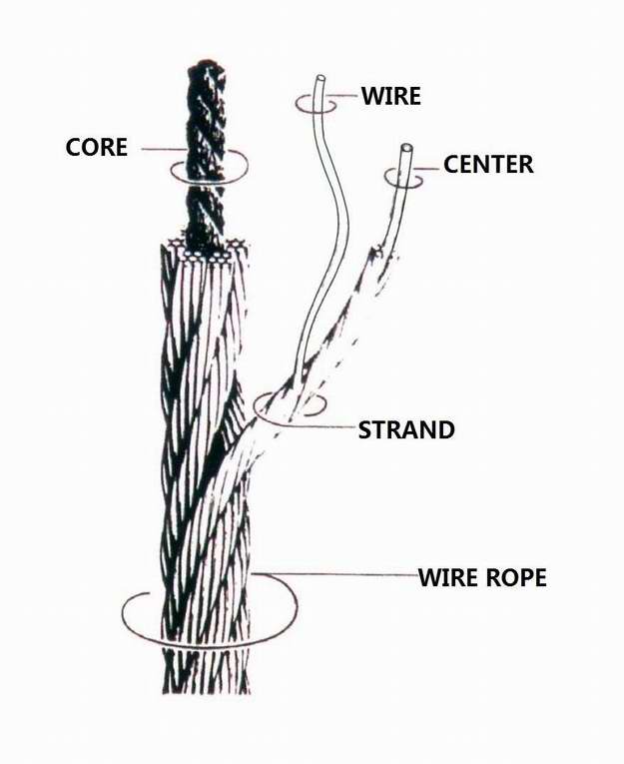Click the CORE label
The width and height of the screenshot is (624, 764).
click(97, 147)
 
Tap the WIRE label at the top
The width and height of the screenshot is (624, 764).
click(391, 96)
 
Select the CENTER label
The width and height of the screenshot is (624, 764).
click(488, 165)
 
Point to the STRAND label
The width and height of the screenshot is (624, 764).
click(406, 429)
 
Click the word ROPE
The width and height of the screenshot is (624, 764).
click(515, 577)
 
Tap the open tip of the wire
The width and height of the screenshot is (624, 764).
click(320, 78)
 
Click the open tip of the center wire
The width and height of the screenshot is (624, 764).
click(406, 147)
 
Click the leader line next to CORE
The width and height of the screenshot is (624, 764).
click(163, 149)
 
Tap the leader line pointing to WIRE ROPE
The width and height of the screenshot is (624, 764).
click(336, 575)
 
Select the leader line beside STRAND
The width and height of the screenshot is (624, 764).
click(317, 426)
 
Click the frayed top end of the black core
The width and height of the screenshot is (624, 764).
click(206, 66)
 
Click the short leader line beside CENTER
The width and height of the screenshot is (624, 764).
click(429, 169)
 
